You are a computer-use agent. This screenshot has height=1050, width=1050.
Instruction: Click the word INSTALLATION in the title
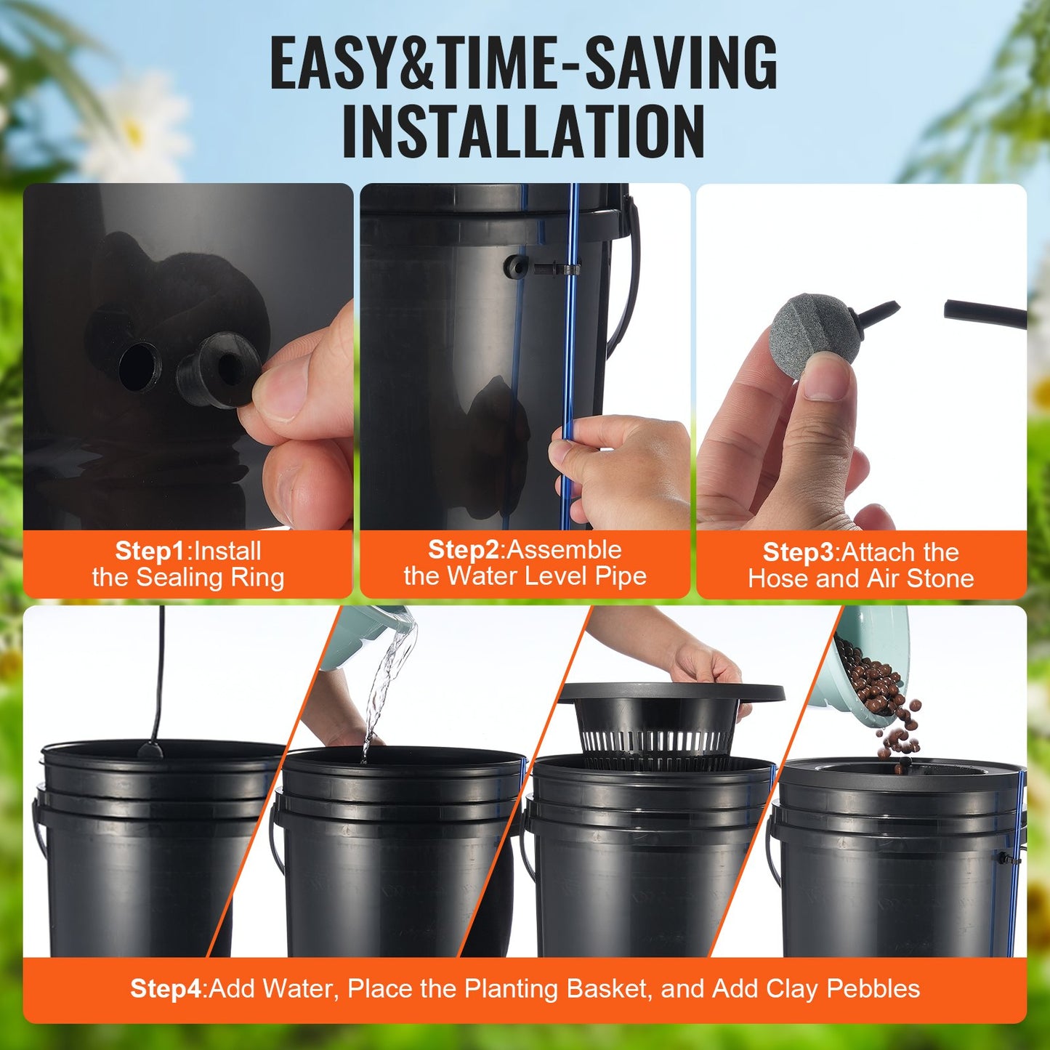(x=523, y=132)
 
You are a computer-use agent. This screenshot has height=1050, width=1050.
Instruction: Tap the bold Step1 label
(x=150, y=552)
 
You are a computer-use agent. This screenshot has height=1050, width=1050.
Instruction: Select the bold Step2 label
(x=464, y=550)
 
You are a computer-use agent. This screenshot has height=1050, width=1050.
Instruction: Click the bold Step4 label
(x=166, y=989)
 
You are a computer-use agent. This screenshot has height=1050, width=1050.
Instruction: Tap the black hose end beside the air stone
(x=985, y=314)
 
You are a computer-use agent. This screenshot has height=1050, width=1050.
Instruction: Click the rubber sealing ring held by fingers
(x=218, y=370)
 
